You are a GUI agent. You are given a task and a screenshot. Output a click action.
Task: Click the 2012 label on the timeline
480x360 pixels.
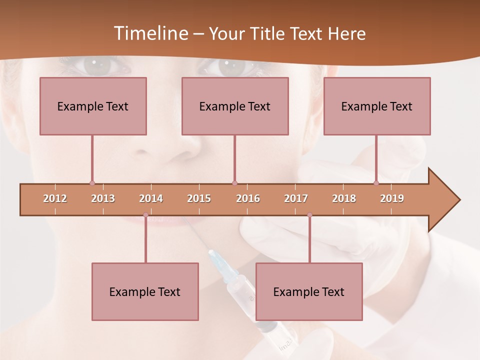pyautogui.click(x=55, y=198)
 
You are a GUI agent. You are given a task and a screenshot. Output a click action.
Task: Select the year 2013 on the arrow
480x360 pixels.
pyautogui.click(x=103, y=198)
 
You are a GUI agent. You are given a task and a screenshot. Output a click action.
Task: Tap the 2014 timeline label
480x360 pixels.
pyautogui.click(x=151, y=198)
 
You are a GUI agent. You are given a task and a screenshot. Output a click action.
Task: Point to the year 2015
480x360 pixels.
pyautogui.click(x=199, y=198)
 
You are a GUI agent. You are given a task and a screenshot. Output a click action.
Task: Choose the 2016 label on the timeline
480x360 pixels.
pyautogui.click(x=248, y=198)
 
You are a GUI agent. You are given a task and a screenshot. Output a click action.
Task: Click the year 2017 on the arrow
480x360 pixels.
pyautogui.click(x=296, y=198)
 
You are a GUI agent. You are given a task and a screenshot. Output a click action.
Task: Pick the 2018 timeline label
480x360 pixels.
pyautogui.click(x=344, y=198)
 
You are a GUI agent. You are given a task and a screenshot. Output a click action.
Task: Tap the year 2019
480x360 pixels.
pyautogui.click(x=392, y=198)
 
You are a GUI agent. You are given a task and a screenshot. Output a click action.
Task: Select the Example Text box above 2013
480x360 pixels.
pyautogui.click(x=93, y=106)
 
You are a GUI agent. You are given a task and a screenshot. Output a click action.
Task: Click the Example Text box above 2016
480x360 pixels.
pyautogui.click(x=235, y=106)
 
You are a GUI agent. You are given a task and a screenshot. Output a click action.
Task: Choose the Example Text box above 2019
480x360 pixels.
pyautogui.click(x=377, y=106)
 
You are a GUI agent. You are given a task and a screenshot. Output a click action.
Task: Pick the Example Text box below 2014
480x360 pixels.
pyautogui.click(x=145, y=291)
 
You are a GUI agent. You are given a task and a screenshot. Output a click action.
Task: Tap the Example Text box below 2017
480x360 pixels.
pyautogui.click(x=309, y=291)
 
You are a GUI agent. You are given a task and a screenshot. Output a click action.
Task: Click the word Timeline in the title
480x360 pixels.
pyautogui.click(x=150, y=33)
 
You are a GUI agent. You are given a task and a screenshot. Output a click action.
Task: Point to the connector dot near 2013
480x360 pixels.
pyautogui.click(x=92, y=183)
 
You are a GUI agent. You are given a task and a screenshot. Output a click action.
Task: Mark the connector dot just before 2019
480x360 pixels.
pyautogui.click(x=376, y=183)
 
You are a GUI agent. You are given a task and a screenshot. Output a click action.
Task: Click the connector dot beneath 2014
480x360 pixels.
pyautogui.click(x=145, y=215)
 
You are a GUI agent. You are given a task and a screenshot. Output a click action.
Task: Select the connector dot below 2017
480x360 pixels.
pyautogui.click(x=309, y=215)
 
